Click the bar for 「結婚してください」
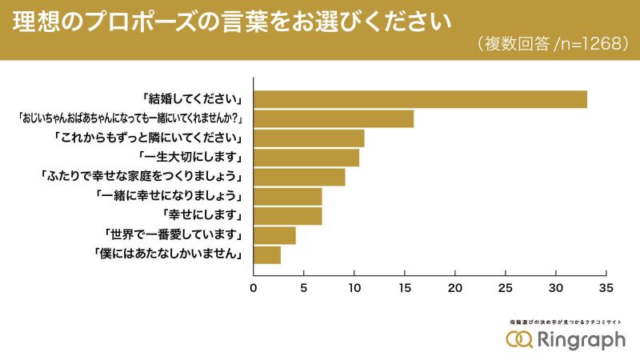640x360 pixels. coord(420,100)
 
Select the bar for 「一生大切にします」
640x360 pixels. coord(306,158)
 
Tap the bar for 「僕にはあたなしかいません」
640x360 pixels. coord(267,255)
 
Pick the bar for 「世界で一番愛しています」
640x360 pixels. coord(274,235)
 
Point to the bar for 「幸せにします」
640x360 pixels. coord(288,216)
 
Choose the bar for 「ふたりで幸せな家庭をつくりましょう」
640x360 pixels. coord(299,177)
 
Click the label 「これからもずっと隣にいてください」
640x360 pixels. coord(150,138)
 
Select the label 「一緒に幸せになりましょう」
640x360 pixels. coord(169,196)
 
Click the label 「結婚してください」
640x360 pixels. coord(193,99)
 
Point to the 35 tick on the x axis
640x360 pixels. coord(606,288)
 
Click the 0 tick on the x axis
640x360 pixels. coord(254,288)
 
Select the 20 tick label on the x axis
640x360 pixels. coord(455,288)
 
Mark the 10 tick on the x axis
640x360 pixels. coord(354,288)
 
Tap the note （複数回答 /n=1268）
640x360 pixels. coord(552,45)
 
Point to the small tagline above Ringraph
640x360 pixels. coord(565,322)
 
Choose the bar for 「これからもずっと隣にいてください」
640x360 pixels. coord(309,138)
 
